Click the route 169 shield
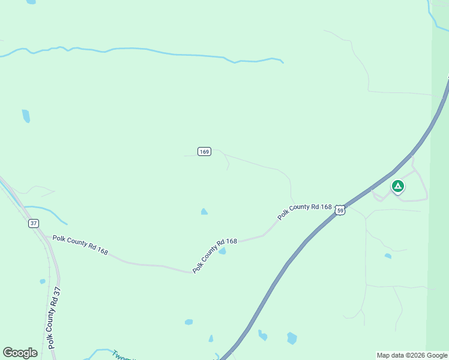(x=204, y=152)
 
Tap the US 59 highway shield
(x=340, y=210)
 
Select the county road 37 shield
(x=34, y=223)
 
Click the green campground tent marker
(x=397, y=187)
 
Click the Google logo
(x=20, y=353)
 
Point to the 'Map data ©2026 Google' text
(x=412, y=355)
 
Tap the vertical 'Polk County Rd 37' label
(x=54, y=318)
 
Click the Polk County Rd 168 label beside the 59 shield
(x=304, y=211)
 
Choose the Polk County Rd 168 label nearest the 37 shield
(x=80, y=245)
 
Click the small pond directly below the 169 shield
(x=204, y=212)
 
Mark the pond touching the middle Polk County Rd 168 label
(x=222, y=251)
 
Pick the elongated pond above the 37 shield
(x=26, y=116)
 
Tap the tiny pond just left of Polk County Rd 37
(x=42, y=281)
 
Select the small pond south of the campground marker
(x=388, y=256)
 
